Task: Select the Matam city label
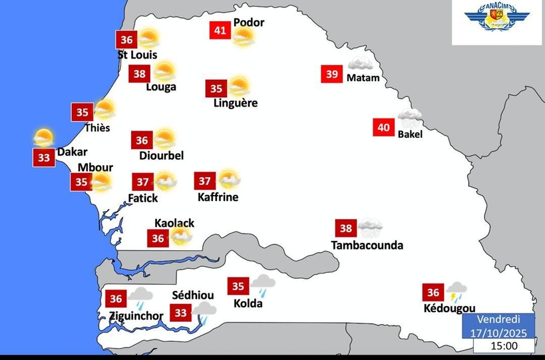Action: coord(363,78)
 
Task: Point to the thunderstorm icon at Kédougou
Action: coord(457,291)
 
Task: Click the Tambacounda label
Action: coord(367,245)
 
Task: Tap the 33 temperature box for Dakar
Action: coord(44,158)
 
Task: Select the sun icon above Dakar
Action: coord(44,138)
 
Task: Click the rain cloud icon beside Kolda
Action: coord(264,285)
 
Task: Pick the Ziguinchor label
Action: coord(135,315)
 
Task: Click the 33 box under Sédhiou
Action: coord(180,312)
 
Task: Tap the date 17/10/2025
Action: coord(498,332)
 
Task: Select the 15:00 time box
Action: coord(504,346)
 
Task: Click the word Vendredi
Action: coord(498,320)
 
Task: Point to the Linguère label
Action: coord(235,103)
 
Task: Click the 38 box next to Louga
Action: coord(139,73)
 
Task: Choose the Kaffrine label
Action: coord(218,197)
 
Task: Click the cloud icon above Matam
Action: coord(360,65)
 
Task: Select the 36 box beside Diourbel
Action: coord(142,140)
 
